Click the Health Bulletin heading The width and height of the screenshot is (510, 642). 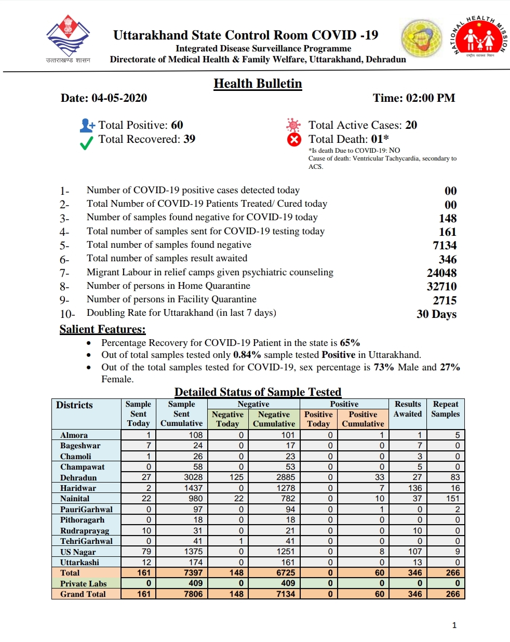[x=258, y=84]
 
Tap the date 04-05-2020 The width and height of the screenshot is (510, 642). [x=119, y=98]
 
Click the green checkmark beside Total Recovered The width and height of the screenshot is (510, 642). [x=87, y=142]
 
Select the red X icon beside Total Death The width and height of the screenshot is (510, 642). [x=294, y=139]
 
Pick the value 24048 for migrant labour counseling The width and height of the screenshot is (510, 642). [x=441, y=273]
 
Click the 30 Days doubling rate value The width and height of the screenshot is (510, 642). [x=436, y=314]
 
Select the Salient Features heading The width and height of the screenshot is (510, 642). [x=102, y=329]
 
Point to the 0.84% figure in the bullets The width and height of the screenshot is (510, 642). [x=247, y=355]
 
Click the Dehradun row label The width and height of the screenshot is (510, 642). [x=78, y=477]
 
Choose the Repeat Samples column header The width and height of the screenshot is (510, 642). [x=446, y=409]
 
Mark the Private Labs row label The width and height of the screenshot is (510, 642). [x=83, y=583]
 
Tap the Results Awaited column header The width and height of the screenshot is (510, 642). [x=408, y=409]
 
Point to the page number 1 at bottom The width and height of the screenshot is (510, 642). [x=454, y=625]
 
